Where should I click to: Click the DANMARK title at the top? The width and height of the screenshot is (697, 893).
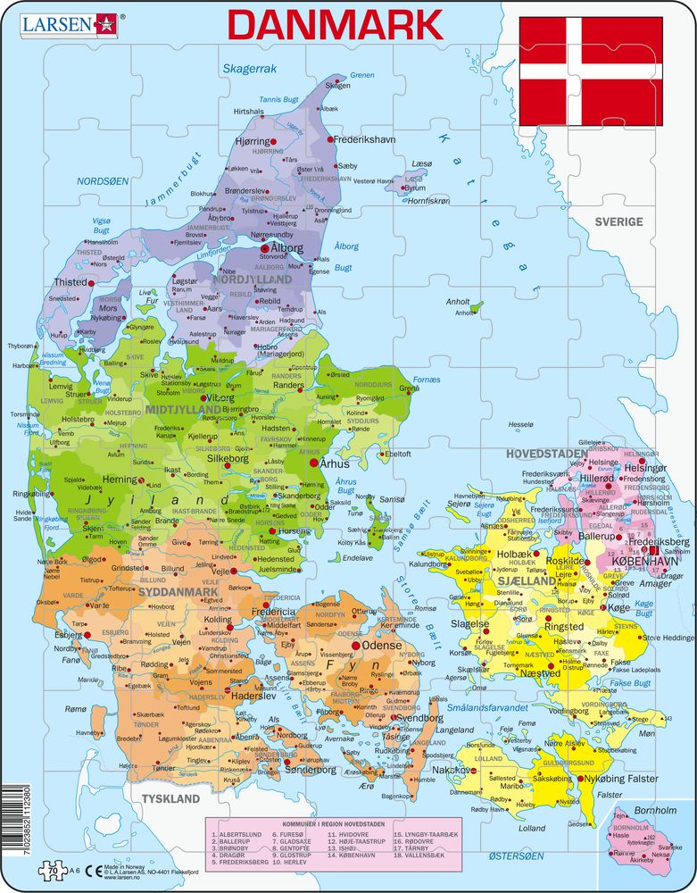point(336,24)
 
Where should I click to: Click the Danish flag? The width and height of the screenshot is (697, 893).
point(590,71)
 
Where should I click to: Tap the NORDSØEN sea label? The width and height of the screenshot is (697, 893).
point(104,180)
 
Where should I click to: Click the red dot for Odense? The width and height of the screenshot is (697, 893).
point(356,645)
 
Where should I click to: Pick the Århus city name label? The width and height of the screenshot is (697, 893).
point(337,463)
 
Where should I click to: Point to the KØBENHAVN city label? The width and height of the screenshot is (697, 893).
point(644,561)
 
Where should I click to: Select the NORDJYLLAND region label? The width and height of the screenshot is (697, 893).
point(252,280)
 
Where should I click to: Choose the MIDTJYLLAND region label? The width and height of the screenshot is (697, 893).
point(182,409)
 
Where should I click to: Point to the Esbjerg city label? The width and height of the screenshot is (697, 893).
point(68,634)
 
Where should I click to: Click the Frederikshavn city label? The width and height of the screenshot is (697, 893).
point(365,140)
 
